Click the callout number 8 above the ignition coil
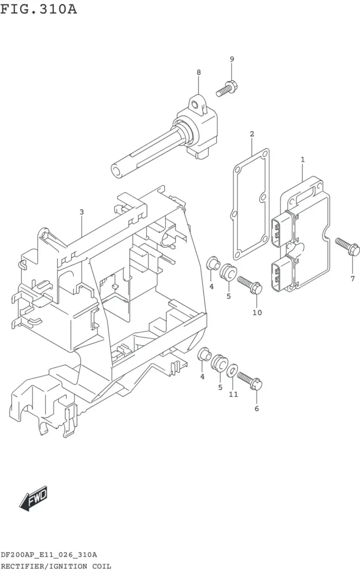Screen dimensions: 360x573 click(x=199, y=72)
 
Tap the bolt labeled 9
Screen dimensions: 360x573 click(x=227, y=88)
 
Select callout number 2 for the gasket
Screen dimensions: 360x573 click(x=252, y=134)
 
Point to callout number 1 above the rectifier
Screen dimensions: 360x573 click(x=303, y=159)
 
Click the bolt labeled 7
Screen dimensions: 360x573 click(x=348, y=247)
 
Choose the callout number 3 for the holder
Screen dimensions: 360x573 click(x=82, y=212)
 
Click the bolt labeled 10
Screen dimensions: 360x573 click(x=250, y=285)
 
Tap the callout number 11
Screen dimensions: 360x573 click(x=233, y=394)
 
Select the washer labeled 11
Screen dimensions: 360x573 click(x=232, y=372)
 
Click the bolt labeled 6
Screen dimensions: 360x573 click(x=250, y=381)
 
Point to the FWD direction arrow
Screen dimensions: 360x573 click(x=33, y=498)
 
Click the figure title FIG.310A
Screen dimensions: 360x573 click(x=39, y=9)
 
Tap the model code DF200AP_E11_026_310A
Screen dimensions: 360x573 click(x=49, y=555)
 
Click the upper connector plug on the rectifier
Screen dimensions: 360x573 click(x=281, y=229)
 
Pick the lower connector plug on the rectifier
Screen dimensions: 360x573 click(x=282, y=274)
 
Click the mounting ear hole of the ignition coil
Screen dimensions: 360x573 click(x=195, y=105)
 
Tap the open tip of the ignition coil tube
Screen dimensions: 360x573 click(x=116, y=171)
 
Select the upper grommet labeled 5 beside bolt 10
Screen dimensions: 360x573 click(x=228, y=273)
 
